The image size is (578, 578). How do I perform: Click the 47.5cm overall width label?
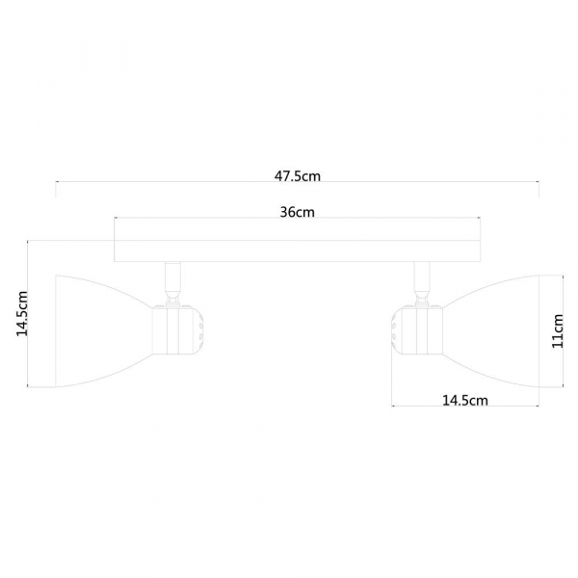[x=297, y=176]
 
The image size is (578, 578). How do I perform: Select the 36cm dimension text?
[x=297, y=212]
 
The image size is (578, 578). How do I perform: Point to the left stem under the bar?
[x=172, y=280]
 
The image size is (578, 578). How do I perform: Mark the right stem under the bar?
[x=420, y=280]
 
